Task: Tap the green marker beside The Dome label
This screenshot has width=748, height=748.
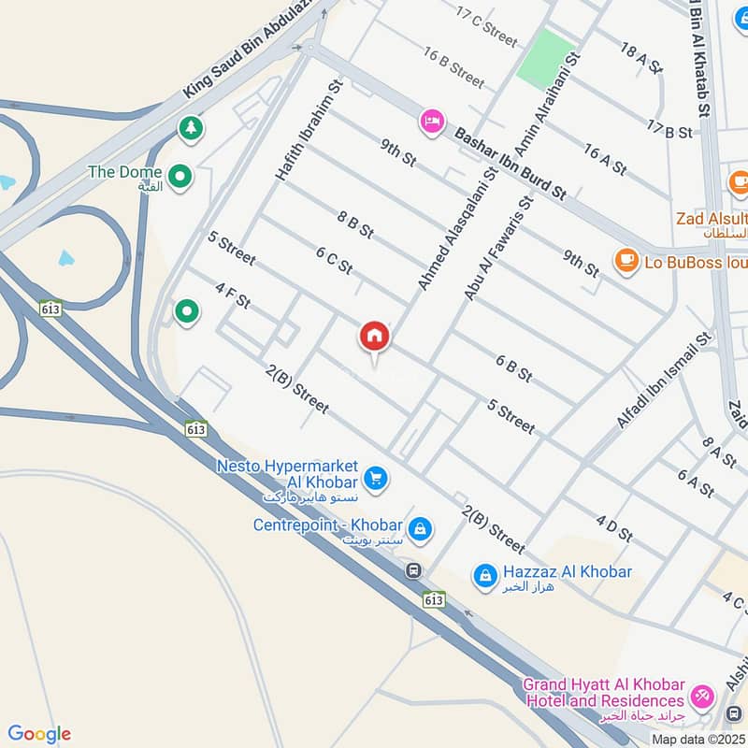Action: (180, 174)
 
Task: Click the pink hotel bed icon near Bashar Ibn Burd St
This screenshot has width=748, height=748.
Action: (431, 122)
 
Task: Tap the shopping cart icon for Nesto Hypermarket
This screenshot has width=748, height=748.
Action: (376, 478)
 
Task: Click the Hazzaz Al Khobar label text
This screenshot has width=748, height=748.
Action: (567, 571)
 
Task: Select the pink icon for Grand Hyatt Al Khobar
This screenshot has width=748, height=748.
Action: (700, 697)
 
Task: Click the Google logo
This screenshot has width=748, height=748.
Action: (39, 734)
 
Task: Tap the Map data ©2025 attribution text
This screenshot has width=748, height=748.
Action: (698, 739)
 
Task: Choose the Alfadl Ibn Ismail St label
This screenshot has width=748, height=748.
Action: (664, 379)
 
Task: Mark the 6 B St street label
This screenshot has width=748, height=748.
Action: (514, 368)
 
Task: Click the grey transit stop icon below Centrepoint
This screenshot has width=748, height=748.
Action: (412, 570)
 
